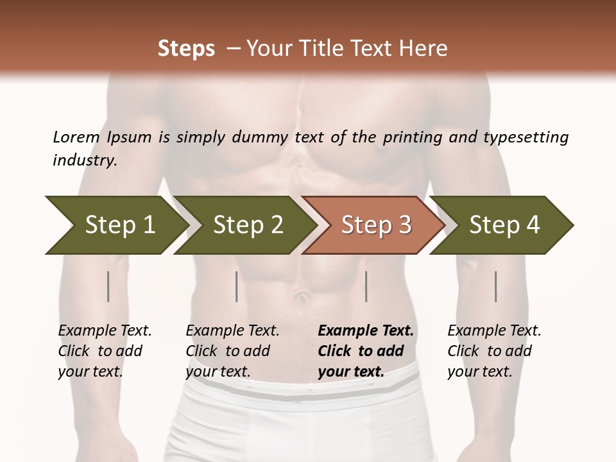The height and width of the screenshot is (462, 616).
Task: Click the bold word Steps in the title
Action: tap(186, 49)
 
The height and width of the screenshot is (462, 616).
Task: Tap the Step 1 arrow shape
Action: tap(119, 225)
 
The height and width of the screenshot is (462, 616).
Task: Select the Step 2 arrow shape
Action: tap(247, 225)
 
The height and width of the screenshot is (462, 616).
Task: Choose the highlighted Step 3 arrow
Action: tap(375, 225)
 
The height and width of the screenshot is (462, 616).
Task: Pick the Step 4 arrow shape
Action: tap(504, 225)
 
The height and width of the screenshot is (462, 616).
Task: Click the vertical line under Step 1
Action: tap(108, 286)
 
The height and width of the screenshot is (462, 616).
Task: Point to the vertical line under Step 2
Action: tap(237, 286)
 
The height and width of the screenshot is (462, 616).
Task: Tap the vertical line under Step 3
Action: tap(366, 286)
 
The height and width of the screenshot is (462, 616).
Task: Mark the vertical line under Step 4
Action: tap(496, 286)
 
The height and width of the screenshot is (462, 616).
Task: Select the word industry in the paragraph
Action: tap(84, 160)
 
